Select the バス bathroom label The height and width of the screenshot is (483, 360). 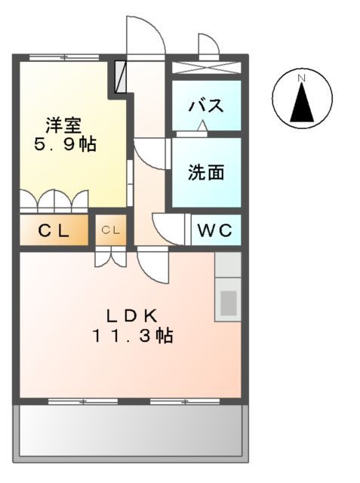pyautogui.click(x=205, y=106)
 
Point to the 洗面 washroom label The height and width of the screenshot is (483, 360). pyautogui.click(x=206, y=172)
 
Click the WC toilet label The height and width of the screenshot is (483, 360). pyautogui.click(x=216, y=230)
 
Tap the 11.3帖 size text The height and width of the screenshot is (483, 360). pyautogui.click(x=132, y=335)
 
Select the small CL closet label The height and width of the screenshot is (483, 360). pyautogui.click(x=111, y=230)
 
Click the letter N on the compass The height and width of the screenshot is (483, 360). pyautogui.click(x=301, y=77)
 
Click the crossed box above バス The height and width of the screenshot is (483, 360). pyautogui.click(x=206, y=66)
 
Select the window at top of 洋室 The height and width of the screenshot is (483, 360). pyautogui.click(x=63, y=57)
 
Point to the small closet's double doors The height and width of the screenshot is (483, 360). pyautogui.click(x=111, y=258)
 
